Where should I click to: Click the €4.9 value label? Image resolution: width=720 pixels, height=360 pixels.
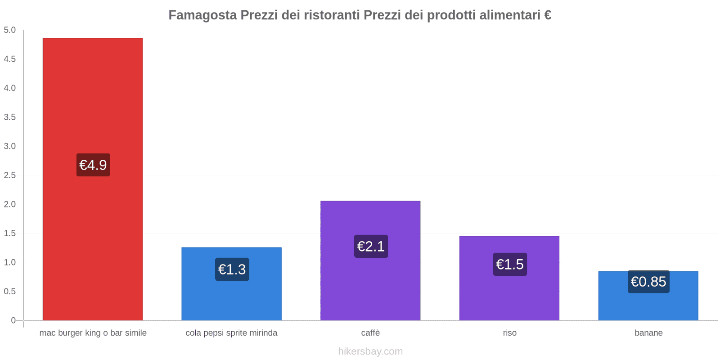pyautogui.click(x=93, y=165)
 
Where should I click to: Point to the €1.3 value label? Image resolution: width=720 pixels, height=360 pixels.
pyautogui.click(x=232, y=269)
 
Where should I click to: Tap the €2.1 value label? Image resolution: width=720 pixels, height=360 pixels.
pyautogui.click(x=371, y=246)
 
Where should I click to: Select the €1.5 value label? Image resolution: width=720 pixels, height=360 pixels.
pyautogui.click(x=510, y=264)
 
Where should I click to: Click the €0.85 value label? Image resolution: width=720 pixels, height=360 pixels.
pyautogui.click(x=648, y=282)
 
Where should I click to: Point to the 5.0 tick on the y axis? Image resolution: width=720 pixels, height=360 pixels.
pyautogui.click(x=10, y=30)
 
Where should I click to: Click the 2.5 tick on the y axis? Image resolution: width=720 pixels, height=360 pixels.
pyautogui.click(x=10, y=175)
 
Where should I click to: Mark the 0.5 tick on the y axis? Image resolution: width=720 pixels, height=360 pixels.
pyautogui.click(x=10, y=291)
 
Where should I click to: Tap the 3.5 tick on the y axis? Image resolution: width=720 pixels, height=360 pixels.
pyautogui.click(x=10, y=117)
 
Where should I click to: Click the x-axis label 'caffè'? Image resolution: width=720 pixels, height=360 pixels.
pyautogui.click(x=370, y=333)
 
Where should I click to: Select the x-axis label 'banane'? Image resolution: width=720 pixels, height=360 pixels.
pyautogui.click(x=648, y=333)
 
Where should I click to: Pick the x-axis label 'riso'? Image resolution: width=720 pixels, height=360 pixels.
pyautogui.click(x=509, y=333)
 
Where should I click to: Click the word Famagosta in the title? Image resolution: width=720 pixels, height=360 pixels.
pyautogui.click(x=202, y=15)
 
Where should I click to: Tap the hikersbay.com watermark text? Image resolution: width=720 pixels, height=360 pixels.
pyautogui.click(x=370, y=351)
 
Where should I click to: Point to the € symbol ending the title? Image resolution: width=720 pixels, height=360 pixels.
pyautogui.click(x=547, y=15)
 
